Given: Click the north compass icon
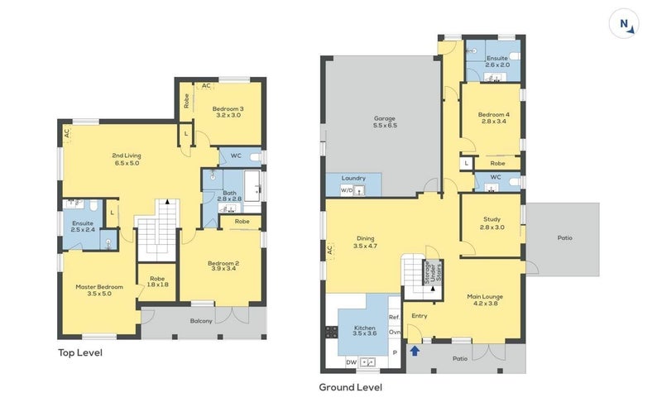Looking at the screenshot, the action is (x=624, y=24).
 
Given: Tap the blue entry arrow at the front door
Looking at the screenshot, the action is (x=415, y=351).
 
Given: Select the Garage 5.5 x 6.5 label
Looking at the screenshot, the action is (x=385, y=122).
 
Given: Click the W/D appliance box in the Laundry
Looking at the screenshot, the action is (x=347, y=190).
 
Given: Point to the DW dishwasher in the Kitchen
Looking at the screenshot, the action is (x=351, y=362).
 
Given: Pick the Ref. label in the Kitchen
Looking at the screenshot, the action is (x=394, y=317).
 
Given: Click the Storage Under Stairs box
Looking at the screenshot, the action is (x=433, y=273).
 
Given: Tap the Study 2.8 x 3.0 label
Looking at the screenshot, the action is (x=492, y=223).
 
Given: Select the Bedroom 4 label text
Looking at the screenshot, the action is (x=493, y=114).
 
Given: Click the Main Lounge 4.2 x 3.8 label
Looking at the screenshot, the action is (x=485, y=299).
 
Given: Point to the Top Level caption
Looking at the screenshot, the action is (x=80, y=352).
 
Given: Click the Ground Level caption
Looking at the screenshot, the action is (x=350, y=387).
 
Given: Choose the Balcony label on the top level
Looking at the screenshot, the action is (x=201, y=321).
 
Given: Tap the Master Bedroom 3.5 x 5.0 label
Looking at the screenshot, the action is (x=99, y=290).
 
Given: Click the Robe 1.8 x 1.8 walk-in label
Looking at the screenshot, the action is (x=157, y=281).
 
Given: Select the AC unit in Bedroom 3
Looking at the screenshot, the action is (x=205, y=86).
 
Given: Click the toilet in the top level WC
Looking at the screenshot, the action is (x=256, y=157).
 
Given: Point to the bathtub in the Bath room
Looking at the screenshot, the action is (x=252, y=186).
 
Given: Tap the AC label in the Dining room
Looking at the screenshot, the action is (x=329, y=250).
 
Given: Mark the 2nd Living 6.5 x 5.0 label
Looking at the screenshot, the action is (x=127, y=159).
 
